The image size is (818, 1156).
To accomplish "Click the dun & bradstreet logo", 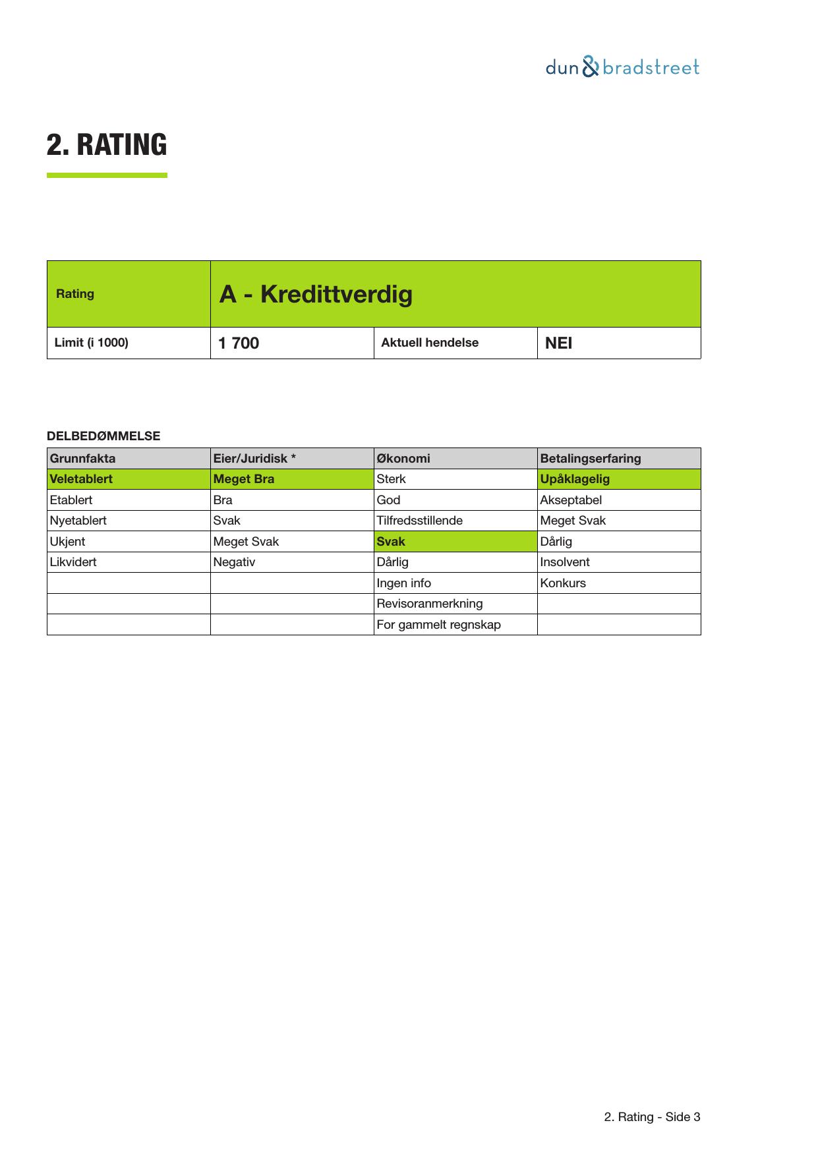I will [622, 67].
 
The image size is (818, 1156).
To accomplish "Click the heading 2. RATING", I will [107, 145].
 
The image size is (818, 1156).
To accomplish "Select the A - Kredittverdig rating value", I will [316, 294].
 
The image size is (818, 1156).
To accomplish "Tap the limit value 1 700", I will [239, 343].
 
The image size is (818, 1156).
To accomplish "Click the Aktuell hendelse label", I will [430, 343].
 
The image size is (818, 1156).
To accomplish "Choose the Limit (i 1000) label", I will [92, 343].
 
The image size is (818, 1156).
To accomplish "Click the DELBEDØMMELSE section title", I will [103, 436].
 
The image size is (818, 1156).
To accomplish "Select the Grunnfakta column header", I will [83, 459].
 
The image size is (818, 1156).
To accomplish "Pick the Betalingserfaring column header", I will [591, 459].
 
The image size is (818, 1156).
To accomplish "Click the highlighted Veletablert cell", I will [81, 479].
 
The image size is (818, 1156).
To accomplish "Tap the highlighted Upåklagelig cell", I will [575, 479].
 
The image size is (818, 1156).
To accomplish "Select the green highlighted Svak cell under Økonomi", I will [391, 542].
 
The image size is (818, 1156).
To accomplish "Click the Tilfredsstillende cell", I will [420, 521].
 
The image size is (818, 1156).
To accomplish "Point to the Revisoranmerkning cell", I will [430, 604].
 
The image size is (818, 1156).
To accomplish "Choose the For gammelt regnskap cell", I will [439, 625].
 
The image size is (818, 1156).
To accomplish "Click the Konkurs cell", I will [563, 583].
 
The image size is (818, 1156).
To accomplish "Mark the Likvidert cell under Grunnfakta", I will [73, 562].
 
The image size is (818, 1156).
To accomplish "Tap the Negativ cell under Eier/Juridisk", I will [234, 562].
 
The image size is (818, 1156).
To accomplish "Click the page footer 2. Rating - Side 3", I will [652, 1117].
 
